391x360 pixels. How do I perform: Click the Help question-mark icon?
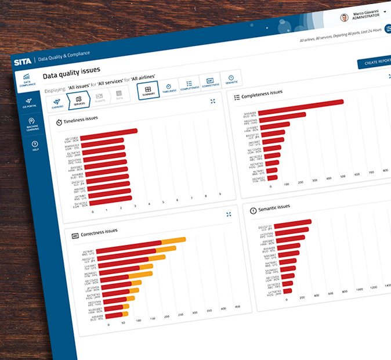pos(35,146)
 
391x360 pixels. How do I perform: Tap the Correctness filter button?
pos(210,82)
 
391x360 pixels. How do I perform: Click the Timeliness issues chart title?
pos(80,120)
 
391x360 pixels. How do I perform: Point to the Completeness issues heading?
pos(262,93)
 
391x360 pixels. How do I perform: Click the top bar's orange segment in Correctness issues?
pos(173,240)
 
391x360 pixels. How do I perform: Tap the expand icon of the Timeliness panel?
pos(213,102)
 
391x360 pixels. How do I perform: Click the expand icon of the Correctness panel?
pos(229,215)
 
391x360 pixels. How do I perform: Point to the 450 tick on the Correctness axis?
pos(237,307)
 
